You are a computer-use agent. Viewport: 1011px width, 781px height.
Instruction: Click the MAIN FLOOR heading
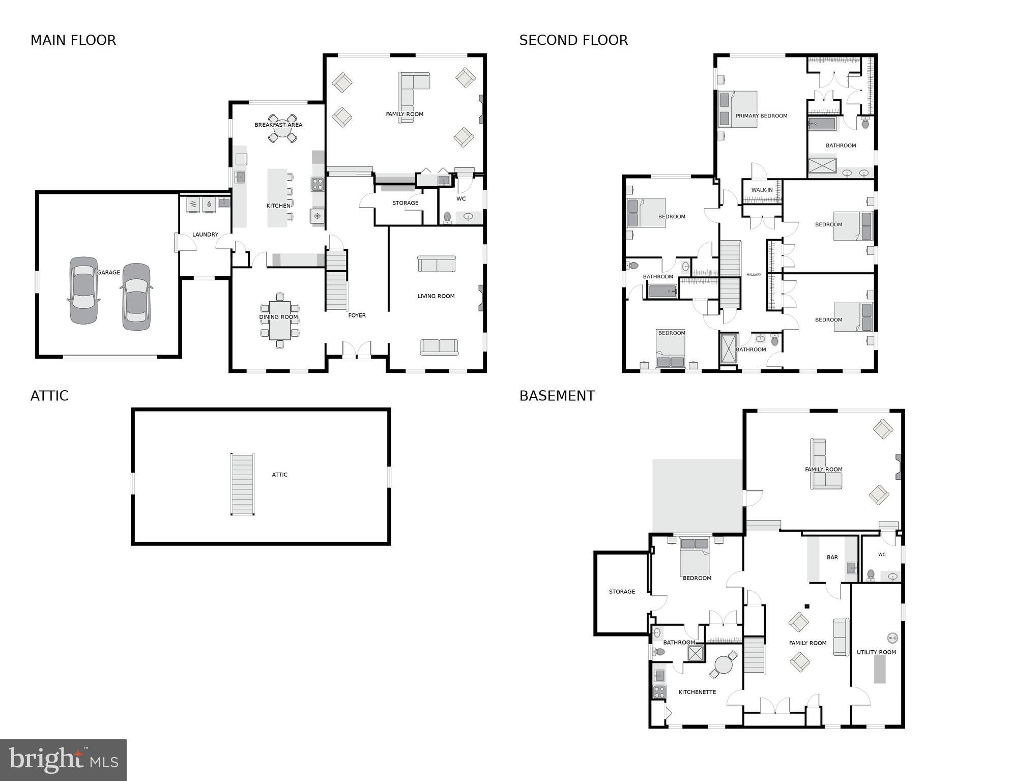(x=73, y=40)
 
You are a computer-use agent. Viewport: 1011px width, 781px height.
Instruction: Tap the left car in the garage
(x=83, y=290)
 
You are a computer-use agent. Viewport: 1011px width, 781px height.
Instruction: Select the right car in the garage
(x=136, y=296)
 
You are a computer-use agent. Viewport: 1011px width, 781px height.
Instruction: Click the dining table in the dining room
(x=279, y=321)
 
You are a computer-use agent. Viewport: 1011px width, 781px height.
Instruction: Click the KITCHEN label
(x=278, y=206)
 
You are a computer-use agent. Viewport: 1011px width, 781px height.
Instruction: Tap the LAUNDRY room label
(x=205, y=235)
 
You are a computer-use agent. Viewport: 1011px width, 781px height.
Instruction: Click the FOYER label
(x=357, y=315)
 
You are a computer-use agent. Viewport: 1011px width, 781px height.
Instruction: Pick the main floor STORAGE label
(x=405, y=203)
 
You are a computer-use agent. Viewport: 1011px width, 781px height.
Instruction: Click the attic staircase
(x=242, y=484)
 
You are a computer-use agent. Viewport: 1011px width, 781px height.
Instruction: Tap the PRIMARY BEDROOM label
(x=761, y=116)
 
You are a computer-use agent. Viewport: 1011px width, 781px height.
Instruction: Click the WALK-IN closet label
(x=762, y=190)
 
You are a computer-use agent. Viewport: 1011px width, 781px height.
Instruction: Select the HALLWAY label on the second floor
(x=754, y=275)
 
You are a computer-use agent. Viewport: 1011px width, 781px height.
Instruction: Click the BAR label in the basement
(x=832, y=558)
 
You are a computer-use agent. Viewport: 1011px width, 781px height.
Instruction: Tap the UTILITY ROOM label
(x=876, y=652)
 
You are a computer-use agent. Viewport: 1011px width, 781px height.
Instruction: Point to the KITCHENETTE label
(x=697, y=692)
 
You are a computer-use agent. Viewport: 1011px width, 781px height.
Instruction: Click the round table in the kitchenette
(x=723, y=664)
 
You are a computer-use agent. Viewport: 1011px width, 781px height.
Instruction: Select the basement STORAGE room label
(x=622, y=592)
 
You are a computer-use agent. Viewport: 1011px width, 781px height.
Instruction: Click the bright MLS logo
(x=63, y=760)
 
